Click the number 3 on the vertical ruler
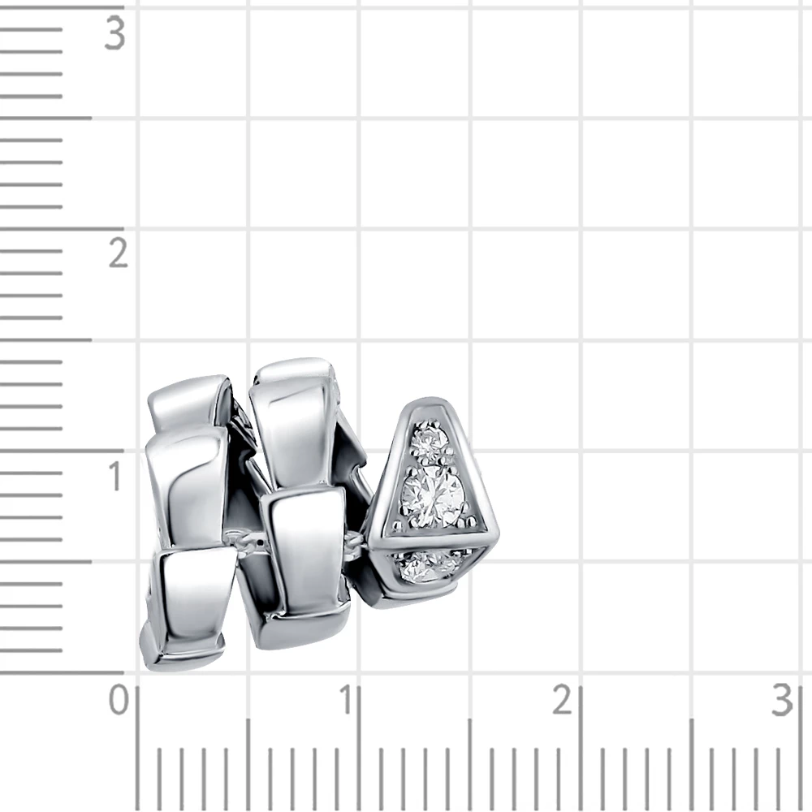[x=114, y=33]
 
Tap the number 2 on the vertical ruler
[x=118, y=253]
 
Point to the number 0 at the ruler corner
[x=119, y=700]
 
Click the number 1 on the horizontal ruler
[x=347, y=700]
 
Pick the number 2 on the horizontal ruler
[x=562, y=700]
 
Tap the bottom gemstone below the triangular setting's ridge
[x=425, y=566]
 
